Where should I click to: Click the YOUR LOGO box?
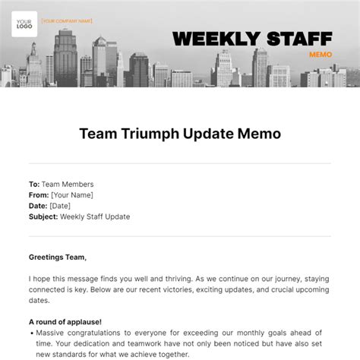25,25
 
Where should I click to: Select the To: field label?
34,184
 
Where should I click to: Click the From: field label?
38,194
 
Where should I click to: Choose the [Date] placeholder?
59,206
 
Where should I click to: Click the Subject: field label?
43,216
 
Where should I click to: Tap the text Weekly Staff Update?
95,216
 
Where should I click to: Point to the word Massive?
52,333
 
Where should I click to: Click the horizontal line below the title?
179,163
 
